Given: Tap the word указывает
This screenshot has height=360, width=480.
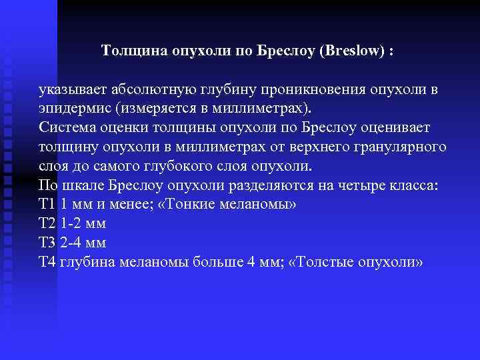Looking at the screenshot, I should [72, 90].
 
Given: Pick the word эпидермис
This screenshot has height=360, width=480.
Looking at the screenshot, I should [74, 108].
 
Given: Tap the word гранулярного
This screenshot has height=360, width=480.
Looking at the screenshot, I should [407, 146].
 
